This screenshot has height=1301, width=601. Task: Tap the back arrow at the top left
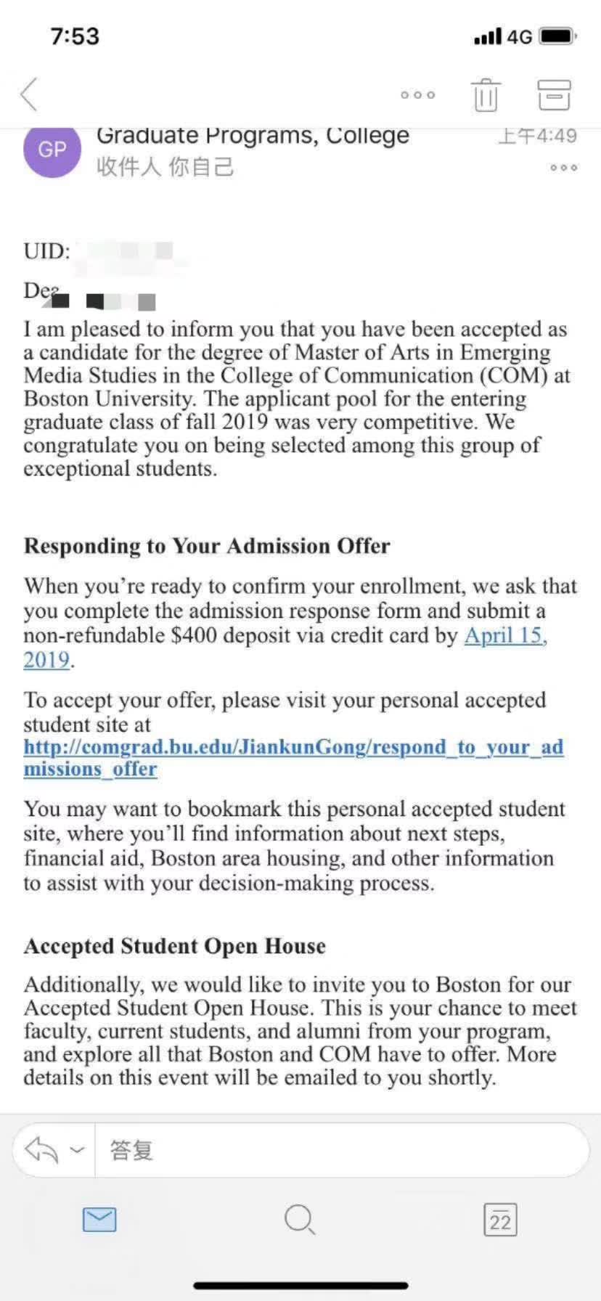pos(29,94)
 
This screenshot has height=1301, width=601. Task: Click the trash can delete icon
pos(486,94)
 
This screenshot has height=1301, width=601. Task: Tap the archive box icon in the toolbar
pos(554,94)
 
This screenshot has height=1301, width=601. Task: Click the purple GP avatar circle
pos(52,150)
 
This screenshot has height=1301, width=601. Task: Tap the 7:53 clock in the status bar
pos(75,36)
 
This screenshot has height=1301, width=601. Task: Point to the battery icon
pos(558,36)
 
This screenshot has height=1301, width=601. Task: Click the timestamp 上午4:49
pos(538,136)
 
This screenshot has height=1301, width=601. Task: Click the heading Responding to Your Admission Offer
pos(207,546)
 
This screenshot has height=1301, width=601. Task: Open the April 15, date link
pos(505,635)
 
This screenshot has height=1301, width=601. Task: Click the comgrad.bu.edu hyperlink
pos(293,747)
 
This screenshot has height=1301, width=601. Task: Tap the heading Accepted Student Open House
pos(175,946)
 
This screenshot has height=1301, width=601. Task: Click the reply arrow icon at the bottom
pos(41,1150)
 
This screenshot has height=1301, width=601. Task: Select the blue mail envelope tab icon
pos(99,1220)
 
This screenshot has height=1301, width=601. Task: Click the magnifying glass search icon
pos(299,1220)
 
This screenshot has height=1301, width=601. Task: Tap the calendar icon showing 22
pos(500,1220)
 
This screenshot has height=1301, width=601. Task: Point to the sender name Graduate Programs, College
pos(253,136)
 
